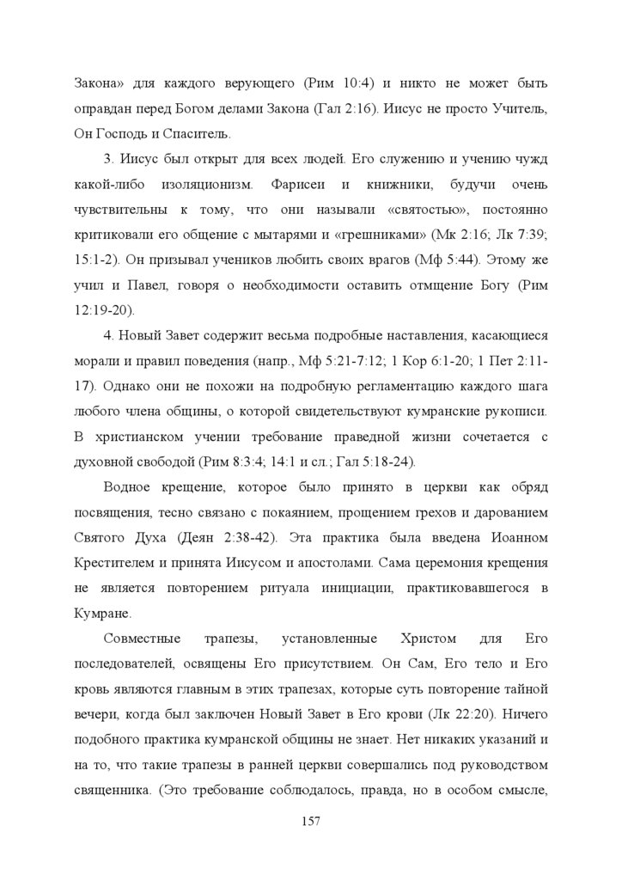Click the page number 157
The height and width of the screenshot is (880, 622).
tap(311, 822)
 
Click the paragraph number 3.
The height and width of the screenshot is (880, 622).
tap(108, 160)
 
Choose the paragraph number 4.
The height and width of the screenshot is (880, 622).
tap(108, 335)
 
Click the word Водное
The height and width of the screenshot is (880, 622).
tap(128, 487)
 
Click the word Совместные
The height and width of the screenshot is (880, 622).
tap(142, 639)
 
